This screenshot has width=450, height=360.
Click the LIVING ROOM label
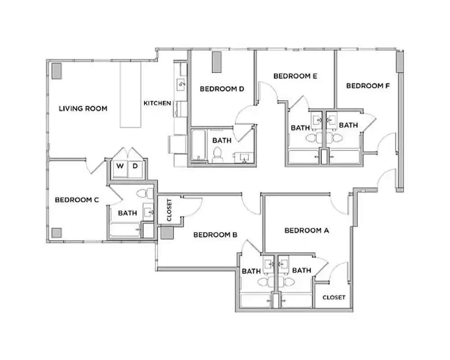pyautogui.click(x=83, y=108)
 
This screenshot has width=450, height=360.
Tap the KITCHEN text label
pyautogui.click(x=157, y=103)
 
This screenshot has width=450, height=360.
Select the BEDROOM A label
pyautogui.click(x=307, y=230)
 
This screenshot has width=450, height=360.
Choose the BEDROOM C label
pyautogui.click(x=76, y=200)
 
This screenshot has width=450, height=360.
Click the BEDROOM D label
pyautogui.click(x=221, y=89)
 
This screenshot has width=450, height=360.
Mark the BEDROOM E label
pyautogui.click(x=295, y=76)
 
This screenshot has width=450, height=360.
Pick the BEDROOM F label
pyautogui.click(x=368, y=85)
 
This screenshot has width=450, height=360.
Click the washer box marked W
pyautogui.click(x=120, y=166)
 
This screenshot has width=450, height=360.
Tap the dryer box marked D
pyautogui.click(x=135, y=166)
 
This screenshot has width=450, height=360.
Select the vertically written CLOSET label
pyautogui.click(x=169, y=210)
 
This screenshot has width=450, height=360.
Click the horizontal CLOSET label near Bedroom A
pyautogui.click(x=334, y=297)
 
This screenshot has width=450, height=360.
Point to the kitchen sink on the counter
pyautogui.click(x=181, y=83)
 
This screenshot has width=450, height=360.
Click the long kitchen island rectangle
pyautogui.click(x=130, y=94)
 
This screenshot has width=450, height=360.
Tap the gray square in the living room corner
pyautogui.click(x=57, y=71)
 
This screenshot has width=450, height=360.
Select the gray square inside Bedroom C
pyautogui.click(x=56, y=233)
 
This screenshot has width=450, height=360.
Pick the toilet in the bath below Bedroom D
pyautogui.click(x=217, y=153)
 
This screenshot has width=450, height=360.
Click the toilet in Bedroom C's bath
pyautogui.click(x=143, y=193)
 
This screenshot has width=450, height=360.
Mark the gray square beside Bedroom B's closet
pyautogui.click(x=166, y=233)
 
